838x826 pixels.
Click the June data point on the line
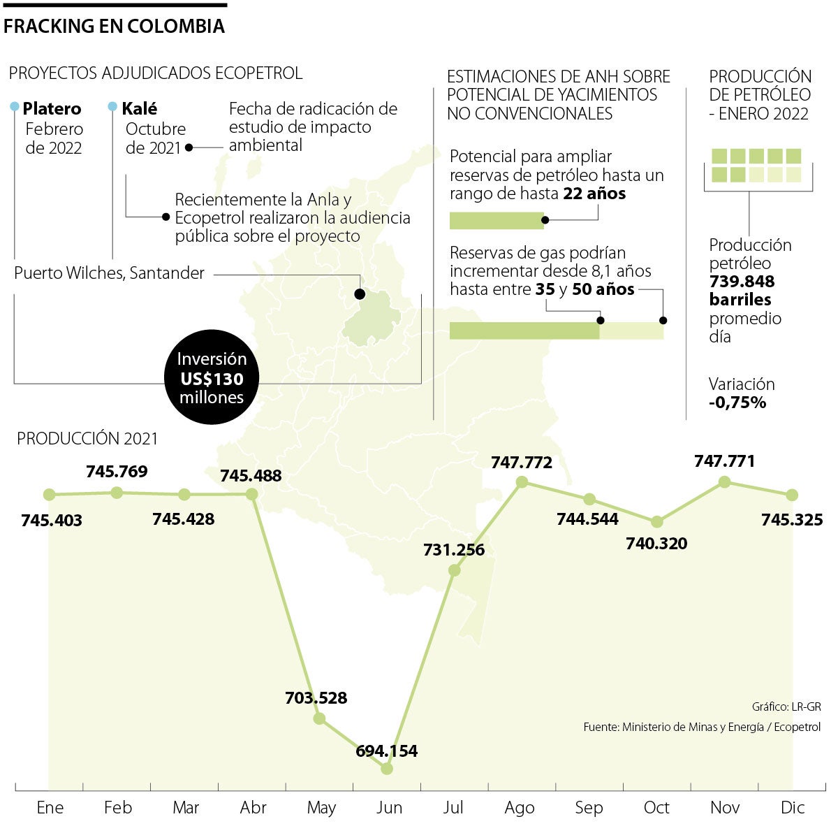(x=387, y=768)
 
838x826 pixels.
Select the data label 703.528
(x=316, y=697)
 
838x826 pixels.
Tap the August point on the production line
(x=522, y=482)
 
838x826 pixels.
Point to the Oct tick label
(x=656, y=808)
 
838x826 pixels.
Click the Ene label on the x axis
(x=50, y=808)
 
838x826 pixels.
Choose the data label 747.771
(x=724, y=461)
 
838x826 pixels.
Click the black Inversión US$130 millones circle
(x=211, y=378)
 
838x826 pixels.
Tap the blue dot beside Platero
(x=15, y=107)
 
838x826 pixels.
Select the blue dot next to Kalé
(x=112, y=107)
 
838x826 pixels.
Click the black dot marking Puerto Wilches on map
(x=360, y=294)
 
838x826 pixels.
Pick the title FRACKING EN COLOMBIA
(x=114, y=27)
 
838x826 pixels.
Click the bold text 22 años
(x=594, y=194)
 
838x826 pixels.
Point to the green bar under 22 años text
(x=496, y=221)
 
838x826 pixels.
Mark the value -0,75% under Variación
(x=737, y=403)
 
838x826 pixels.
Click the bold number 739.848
(x=742, y=282)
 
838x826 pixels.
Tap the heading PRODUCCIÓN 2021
(x=87, y=439)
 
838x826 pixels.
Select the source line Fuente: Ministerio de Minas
(x=702, y=727)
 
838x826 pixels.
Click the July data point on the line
(x=454, y=570)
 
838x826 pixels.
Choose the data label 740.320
(x=656, y=543)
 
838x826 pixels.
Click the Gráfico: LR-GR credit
(x=786, y=707)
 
